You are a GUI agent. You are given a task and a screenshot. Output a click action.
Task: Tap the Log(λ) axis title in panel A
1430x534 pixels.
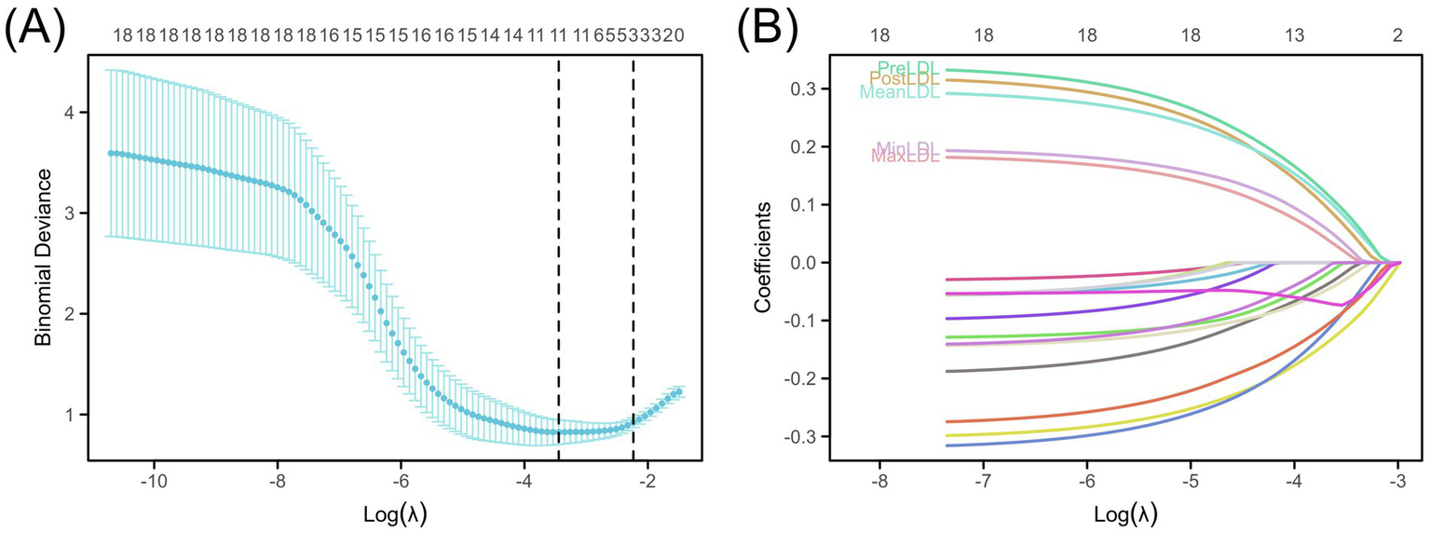388,513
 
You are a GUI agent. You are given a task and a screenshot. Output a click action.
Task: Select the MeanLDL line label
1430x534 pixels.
899,92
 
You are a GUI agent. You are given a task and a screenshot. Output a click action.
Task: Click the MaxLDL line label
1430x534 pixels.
905,157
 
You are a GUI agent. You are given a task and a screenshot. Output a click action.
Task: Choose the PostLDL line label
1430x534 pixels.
904,80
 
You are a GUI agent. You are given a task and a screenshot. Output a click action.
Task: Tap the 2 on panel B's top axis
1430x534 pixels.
1397,35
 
